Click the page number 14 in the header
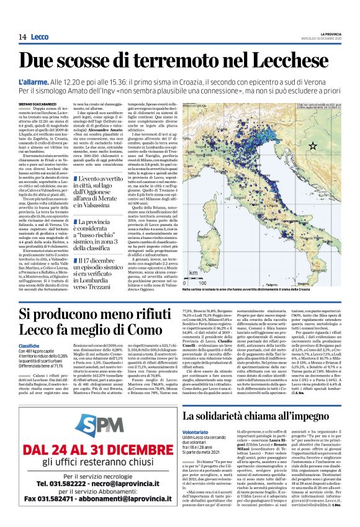(x=22, y=37)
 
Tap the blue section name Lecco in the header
(x=41, y=37)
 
